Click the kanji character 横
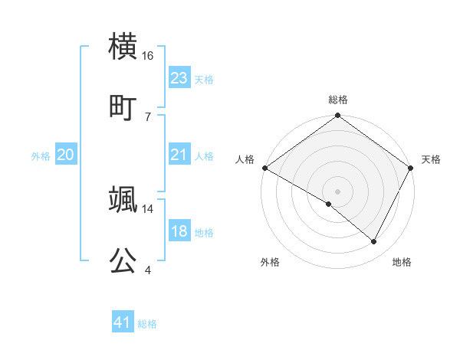tap(123, 47)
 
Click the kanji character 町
tap(123, 106)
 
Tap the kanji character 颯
tap(123, 200)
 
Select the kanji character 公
tap(123, 260)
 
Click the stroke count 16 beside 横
tap(148, 56)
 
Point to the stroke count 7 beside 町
tap(147, 116)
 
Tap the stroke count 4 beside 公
tap(147, 270)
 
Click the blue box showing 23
tap(179, 77)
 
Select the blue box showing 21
tap(179, 155)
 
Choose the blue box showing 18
tap(179, 231)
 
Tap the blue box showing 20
tap(65, 155)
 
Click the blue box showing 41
tap(123, 322)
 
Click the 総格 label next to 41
tap(147, 324)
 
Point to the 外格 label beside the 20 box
tap(41, 156)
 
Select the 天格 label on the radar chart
tap(431, 159)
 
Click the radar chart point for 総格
tap(337, 116)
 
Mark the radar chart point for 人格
tap(264, 168)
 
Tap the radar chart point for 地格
tap(374, 242)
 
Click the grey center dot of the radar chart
tap(337, 191)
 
